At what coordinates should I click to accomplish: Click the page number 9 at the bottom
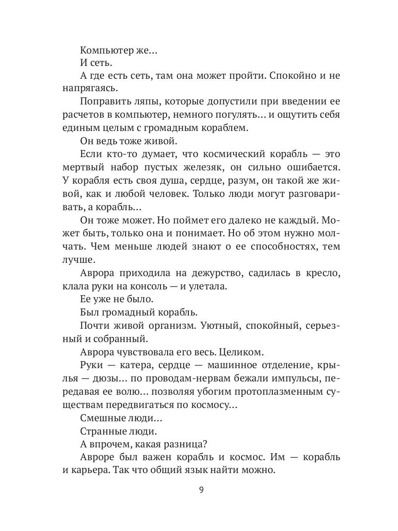(201, 490)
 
